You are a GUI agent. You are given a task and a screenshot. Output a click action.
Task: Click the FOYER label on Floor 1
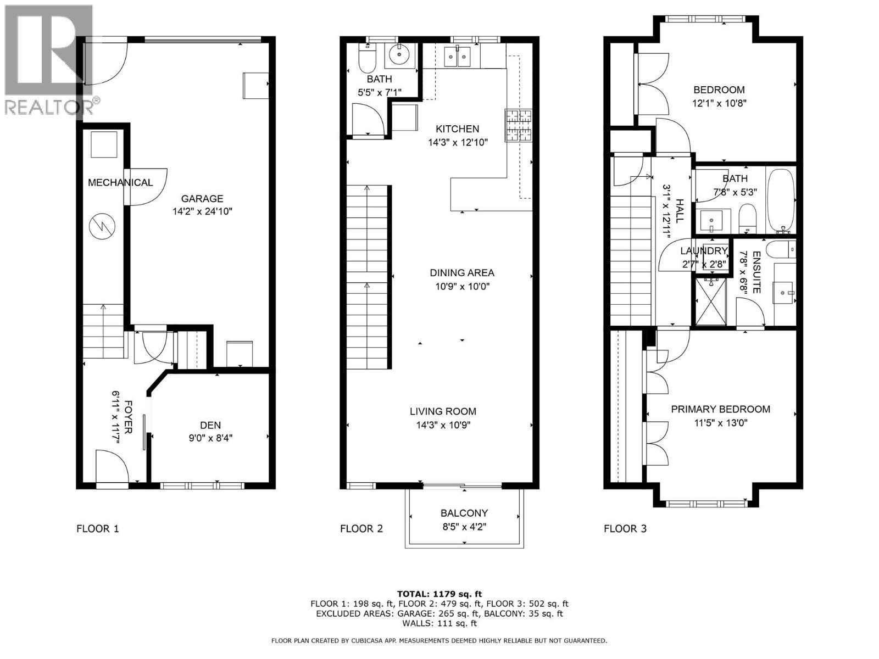(x=127, y=417)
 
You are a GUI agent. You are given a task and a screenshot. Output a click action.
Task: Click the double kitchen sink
(x=457, y=55)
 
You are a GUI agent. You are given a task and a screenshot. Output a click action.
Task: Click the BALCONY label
(x=464, y=513)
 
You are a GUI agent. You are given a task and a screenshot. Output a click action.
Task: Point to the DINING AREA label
(x=462, y=272)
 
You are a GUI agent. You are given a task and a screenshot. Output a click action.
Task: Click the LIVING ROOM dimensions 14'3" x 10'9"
(x=443, y=425)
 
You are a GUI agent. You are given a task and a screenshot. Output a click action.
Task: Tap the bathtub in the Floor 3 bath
(x=780, y=200)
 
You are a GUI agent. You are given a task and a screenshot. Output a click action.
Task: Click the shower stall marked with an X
(x=711, y=301)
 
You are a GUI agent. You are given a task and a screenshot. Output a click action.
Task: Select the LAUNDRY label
(x=704, y=251)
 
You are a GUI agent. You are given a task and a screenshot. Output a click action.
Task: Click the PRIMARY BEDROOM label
(x=720, y=409)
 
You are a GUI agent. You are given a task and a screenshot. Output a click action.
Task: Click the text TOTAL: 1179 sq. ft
(x=439, y=594)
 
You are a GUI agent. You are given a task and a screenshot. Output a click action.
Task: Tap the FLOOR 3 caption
(x=625, y=529)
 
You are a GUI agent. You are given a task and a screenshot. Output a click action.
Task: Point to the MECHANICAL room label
(x=120, y=182)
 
